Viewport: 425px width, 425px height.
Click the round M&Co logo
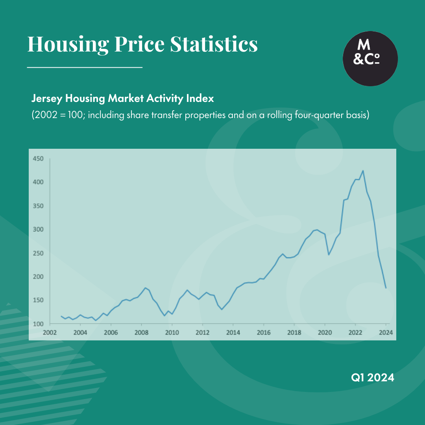[370, 59]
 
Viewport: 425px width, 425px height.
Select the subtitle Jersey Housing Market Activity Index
[122, 98]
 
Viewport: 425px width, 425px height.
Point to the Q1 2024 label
[372, 378]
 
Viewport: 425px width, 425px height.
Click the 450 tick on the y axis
[38, 159]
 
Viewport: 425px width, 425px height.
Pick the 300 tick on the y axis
[38, 229]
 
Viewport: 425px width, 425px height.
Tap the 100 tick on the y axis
[38, 324]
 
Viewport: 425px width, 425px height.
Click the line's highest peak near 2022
[363, 171]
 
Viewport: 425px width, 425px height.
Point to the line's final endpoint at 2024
[386, 288]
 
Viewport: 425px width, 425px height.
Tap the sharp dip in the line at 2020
[329, 255]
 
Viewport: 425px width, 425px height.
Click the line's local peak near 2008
[146, 288]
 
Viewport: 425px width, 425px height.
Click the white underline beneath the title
[85, 68]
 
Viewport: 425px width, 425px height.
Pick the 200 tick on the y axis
[38, 277]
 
